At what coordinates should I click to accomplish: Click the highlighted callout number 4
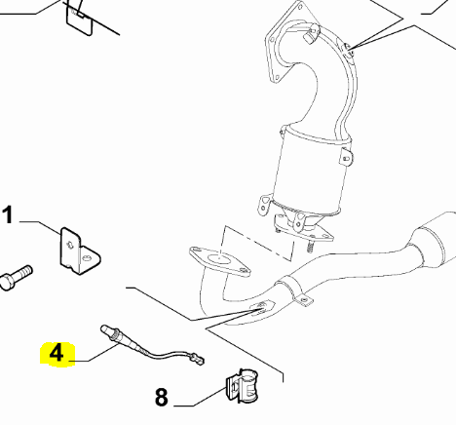point(56,353)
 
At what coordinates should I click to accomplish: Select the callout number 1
point(9,215)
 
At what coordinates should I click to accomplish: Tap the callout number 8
point(161,397)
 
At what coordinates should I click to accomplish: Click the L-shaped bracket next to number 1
point(77,250)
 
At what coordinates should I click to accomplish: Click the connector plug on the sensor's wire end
point(198,362)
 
